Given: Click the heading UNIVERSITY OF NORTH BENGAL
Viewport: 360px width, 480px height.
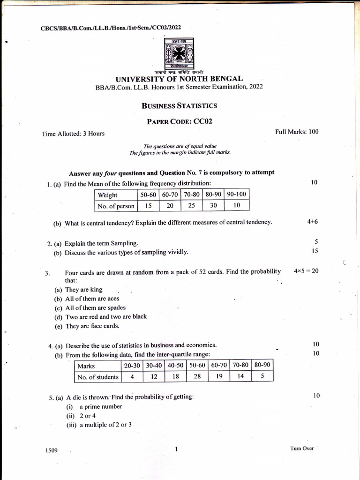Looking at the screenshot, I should coord(180,79).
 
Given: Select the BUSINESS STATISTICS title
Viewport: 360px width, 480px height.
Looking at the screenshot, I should coord(180,105).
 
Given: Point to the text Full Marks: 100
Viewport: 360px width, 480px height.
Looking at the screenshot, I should coord(297,132).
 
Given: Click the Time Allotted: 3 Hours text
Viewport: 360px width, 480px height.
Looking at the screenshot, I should coord(73,134).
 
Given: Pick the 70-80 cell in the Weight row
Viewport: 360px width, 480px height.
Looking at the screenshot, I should coord(191,194).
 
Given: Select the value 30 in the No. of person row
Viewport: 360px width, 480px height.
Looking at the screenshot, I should coord(213,205).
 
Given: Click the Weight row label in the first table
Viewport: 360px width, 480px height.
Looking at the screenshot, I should coord(108,195).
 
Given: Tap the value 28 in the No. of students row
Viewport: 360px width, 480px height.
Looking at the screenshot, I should coord(197,376).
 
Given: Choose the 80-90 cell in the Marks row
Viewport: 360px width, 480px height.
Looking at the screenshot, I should coord(262,365).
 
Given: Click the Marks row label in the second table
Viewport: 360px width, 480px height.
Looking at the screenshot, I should coord(86,366).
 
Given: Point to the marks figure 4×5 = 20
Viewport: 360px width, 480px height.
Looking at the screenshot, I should coord(306,271).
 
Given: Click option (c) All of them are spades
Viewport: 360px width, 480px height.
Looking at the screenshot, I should coord(95,307).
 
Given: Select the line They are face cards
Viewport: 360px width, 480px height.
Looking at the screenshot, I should coord(92,326).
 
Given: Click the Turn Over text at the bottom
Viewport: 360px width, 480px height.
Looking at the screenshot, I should coord(302,448).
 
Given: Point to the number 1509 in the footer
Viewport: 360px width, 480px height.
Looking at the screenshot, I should coord(52,450).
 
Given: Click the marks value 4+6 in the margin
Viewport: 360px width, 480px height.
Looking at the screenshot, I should coord(313,221).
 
